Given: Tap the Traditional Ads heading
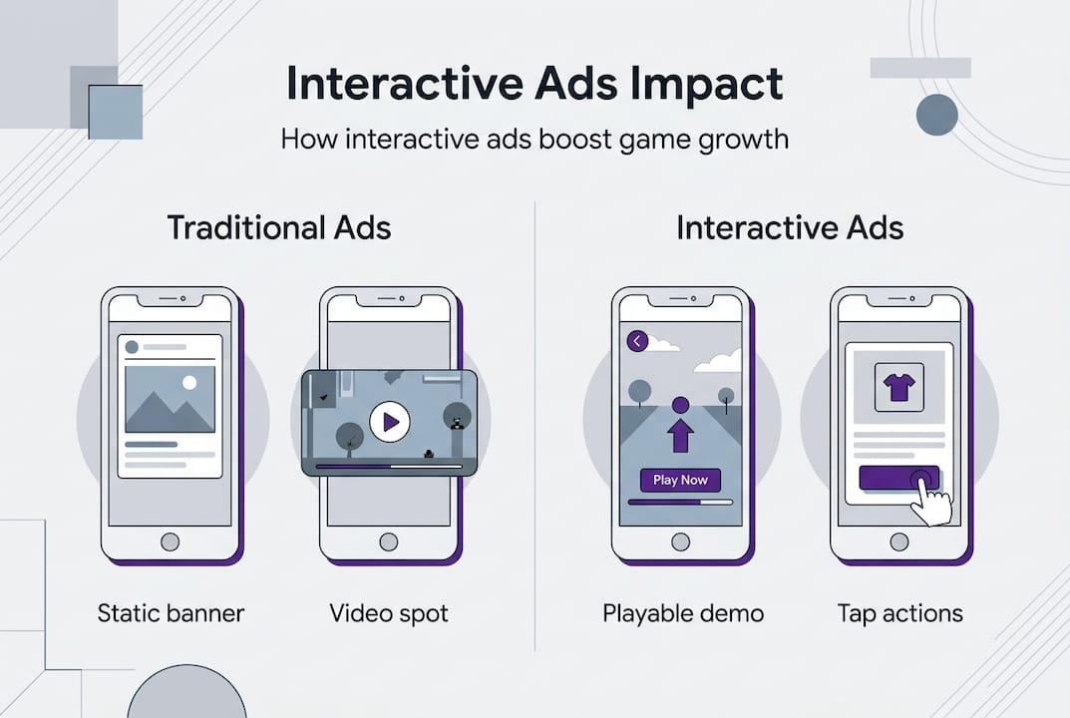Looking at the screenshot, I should (279, 227).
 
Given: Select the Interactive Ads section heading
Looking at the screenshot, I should (790, 227).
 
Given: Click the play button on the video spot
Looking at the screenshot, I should (390, 423).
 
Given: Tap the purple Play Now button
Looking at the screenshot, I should (680, 480).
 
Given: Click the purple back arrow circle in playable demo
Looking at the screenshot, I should (638, 342).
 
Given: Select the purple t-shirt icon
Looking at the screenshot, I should (896, 386).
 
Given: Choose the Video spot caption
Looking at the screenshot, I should (389, 612).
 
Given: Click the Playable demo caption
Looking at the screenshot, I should (683, 612).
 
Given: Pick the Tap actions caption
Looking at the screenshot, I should (900, 612).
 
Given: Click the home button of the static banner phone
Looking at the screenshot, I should (171, 541).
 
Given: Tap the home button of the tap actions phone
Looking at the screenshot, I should (898, 541).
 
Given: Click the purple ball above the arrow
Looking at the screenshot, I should (680, 405).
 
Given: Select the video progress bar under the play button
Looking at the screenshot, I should (389, 466).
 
